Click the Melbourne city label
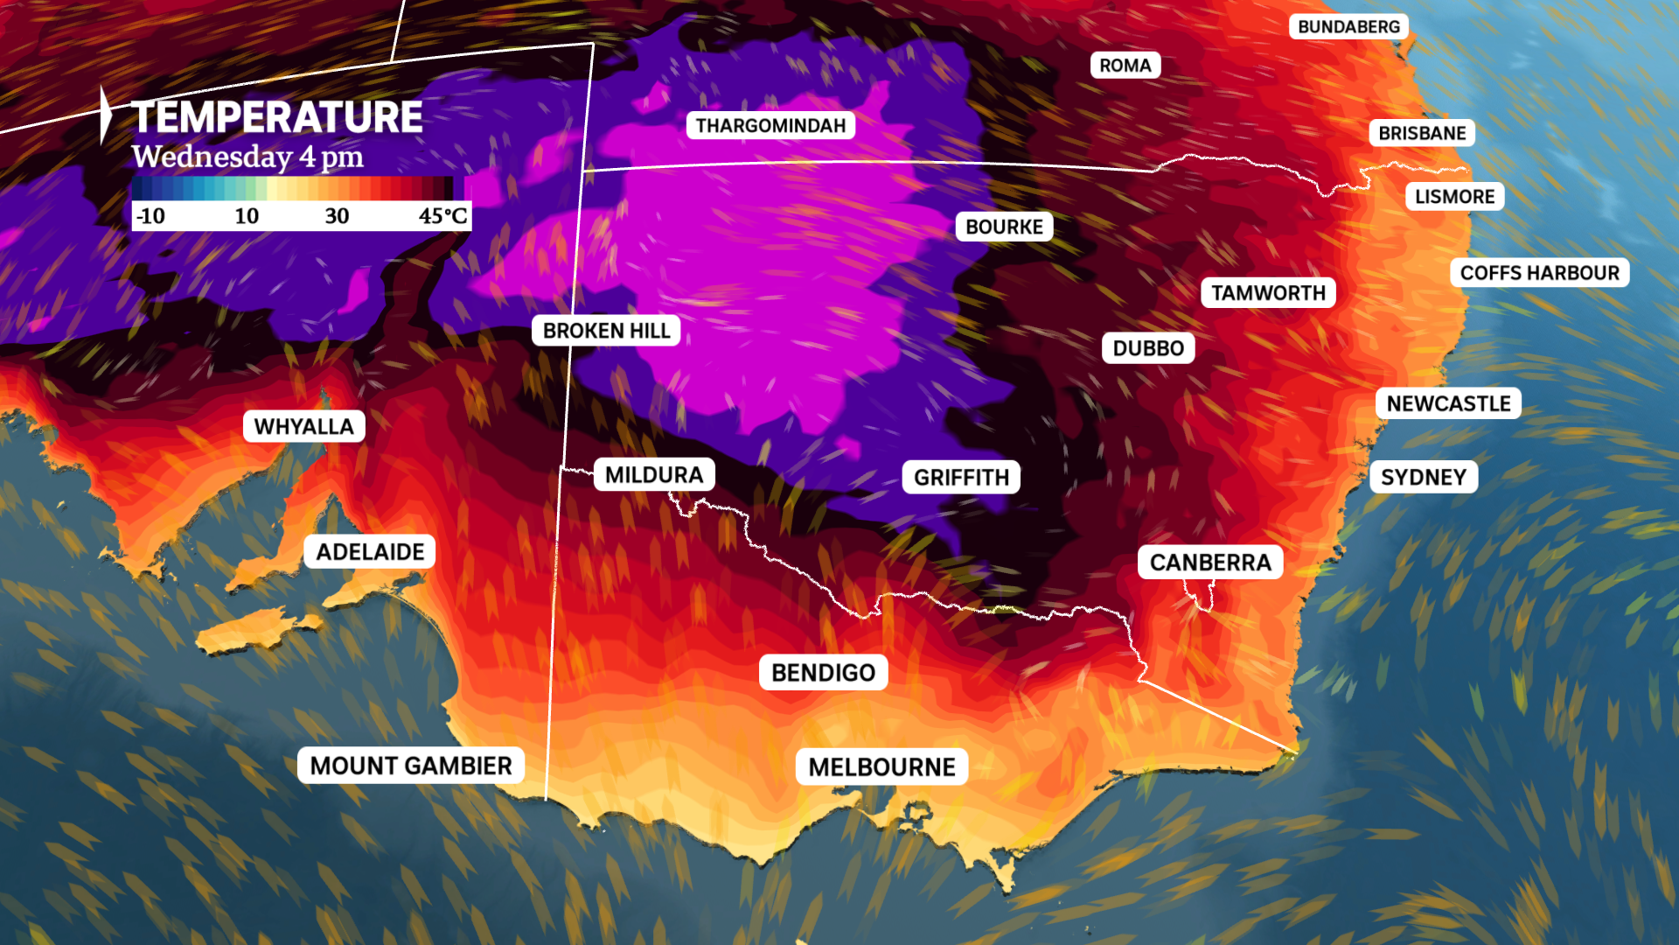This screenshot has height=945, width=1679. click(x=881, y=767)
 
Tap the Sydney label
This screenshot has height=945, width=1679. click(x=1423, y=478)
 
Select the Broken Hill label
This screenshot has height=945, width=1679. click(x=606, y=331)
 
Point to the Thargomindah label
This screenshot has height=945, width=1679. click(x=770, y=126)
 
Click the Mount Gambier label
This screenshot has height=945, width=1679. click(x=411, y=766)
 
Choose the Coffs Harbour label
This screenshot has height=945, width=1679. click(x=1539, y=273)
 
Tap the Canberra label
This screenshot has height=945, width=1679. click(x=1209, y=563)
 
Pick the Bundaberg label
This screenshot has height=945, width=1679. click(x=1348, y=27)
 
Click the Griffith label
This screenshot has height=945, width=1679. click(x=961, y=478)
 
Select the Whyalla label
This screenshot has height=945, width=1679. click(x=303, y=427)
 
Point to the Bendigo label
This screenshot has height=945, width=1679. click(x=823, y=673)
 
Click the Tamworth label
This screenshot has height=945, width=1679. click(x=1268, y=293)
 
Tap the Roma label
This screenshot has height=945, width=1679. click(x=1125, y=66)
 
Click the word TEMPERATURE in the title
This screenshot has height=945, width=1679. click(x=276, y=117)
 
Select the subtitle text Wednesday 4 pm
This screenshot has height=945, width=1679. click(x=247, y=157)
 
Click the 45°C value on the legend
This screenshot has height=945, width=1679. click(x=442, y=216)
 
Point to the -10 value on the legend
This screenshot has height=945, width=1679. click(x=150, y=216)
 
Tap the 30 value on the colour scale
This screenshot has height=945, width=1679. click(x=337, y=216)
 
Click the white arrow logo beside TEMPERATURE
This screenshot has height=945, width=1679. click(x=106, y=115)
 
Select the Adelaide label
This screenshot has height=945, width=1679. click(x=370, y=552)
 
